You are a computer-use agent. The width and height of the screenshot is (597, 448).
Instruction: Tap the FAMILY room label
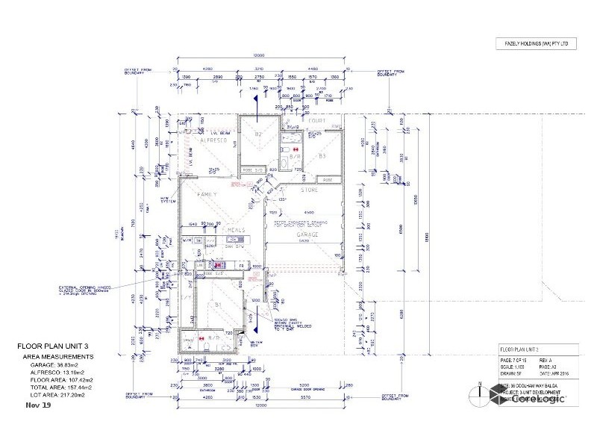[x=207, y=194]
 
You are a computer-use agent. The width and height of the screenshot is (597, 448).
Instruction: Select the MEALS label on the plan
[x=237, y=230]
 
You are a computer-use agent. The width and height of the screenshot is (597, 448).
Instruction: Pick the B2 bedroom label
[x=258, y=134]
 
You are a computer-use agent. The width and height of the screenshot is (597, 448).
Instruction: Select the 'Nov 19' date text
[x=37, y=405]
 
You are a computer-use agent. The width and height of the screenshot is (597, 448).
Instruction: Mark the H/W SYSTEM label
[x=166, y=199]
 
